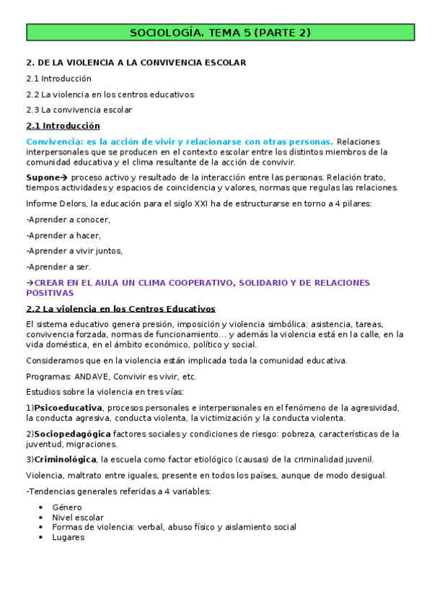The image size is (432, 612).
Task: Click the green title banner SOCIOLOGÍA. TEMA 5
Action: click(220, 32)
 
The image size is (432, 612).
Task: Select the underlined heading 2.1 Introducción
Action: click(63, 126)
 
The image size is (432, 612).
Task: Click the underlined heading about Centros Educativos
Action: click(120, 309)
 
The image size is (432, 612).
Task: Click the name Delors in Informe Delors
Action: click(74, 204)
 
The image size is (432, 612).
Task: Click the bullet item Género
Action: click(67, 507)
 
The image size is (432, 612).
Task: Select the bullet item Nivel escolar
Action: click(78, 517)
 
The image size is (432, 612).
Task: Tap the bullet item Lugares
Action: click(69, 537)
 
